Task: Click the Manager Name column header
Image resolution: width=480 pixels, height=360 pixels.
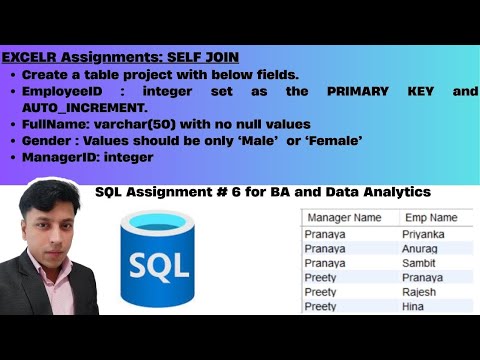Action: tap(343, 217)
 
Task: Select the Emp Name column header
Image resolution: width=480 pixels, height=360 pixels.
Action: tap(430, 217)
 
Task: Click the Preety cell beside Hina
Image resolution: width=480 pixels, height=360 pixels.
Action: tap(323, 307)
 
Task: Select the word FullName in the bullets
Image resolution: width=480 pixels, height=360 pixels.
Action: tap(51, 124)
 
